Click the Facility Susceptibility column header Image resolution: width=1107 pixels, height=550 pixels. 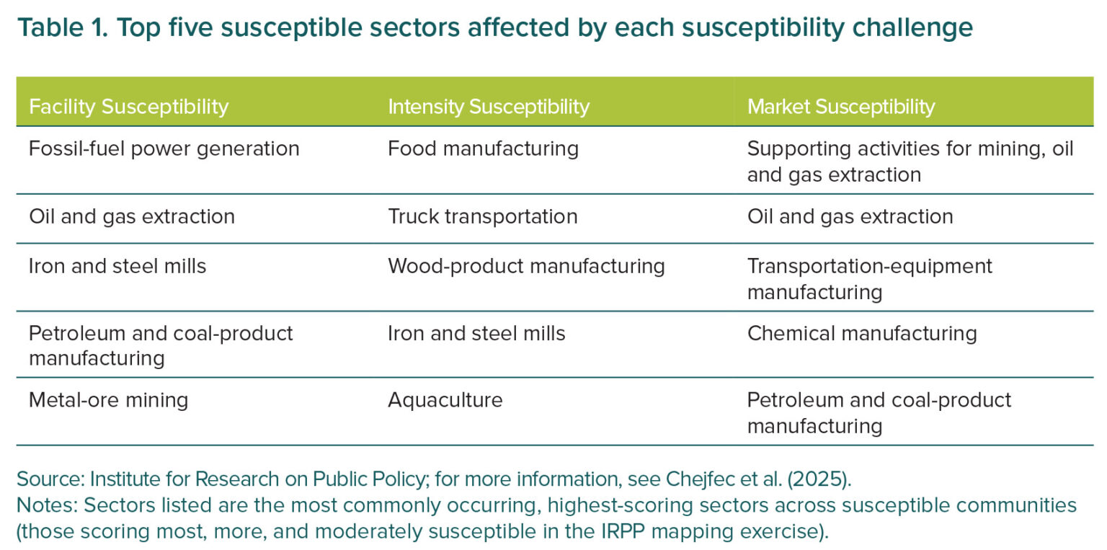128,107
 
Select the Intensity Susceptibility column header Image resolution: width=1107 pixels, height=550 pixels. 488,107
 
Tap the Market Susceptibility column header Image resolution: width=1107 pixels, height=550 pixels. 840,107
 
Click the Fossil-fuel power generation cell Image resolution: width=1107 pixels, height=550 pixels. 164,148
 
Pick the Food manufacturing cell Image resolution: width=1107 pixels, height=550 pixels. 483,148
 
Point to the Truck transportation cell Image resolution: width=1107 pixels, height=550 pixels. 482,216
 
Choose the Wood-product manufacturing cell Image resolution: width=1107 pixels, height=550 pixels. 526,267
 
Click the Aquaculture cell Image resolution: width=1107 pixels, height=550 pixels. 445,400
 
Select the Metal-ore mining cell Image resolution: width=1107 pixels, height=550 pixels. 108,400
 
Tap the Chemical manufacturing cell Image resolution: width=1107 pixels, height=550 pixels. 862,334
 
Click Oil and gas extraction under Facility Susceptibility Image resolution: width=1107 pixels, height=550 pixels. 131,216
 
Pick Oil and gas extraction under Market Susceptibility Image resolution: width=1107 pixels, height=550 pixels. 850,216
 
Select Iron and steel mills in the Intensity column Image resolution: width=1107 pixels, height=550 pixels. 476,334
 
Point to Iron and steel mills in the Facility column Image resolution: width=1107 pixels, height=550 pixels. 117,267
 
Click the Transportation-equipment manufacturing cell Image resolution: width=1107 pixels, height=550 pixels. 869,279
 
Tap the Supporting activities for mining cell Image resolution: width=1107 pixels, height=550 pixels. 910,161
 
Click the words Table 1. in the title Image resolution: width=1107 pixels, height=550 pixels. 62,27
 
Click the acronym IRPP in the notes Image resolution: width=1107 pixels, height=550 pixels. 623,532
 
